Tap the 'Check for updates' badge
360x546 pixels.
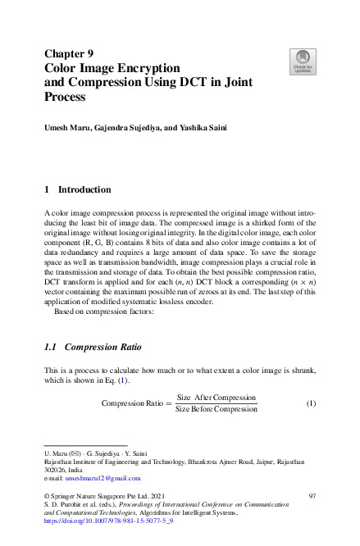pos(302,60)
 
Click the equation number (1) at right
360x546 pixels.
pos(311,403)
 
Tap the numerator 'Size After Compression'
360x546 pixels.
pos(216,397)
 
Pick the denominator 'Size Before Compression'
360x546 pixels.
pos(216,409)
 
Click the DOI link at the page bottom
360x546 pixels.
pos(108,521)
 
